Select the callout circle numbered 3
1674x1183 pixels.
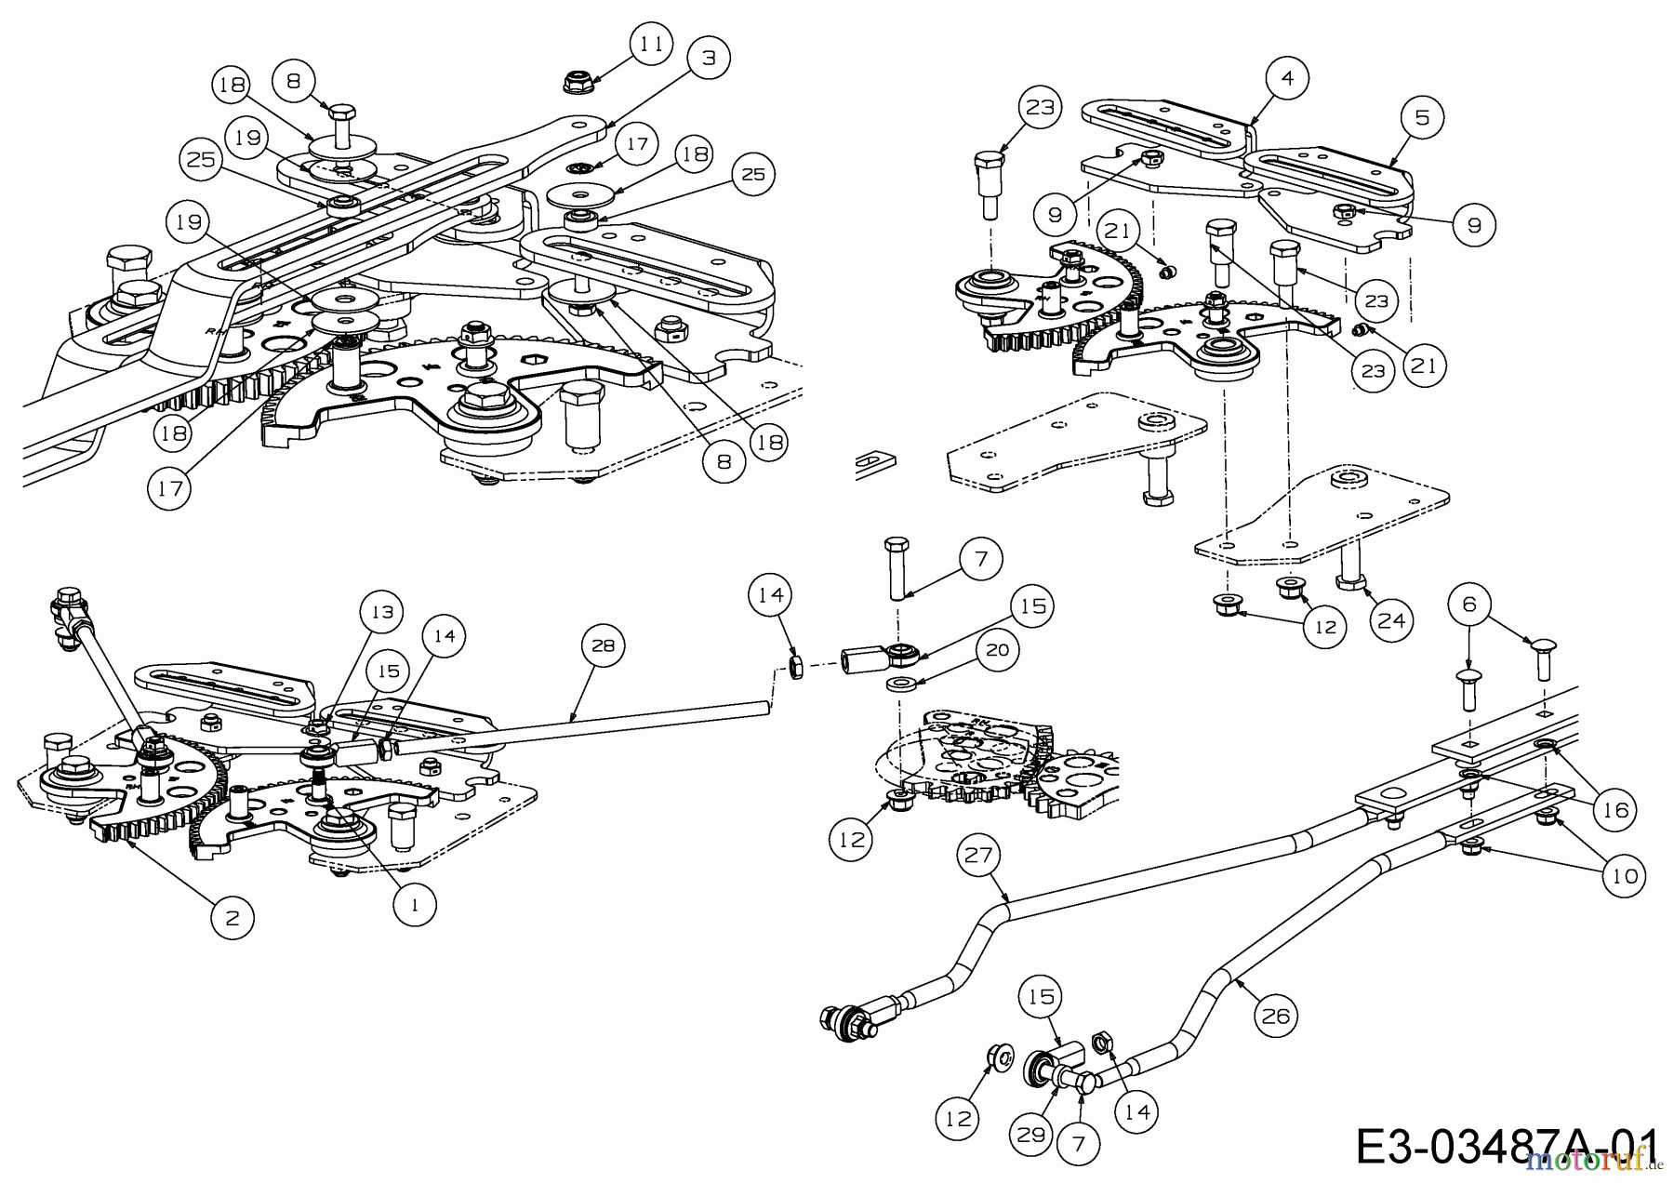click(x=710, y=58)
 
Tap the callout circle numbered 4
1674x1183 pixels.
click(x=1287, y=79)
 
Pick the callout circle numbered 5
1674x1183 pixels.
click(x=1422, y=117)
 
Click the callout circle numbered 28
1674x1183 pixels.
click(x=604, y=645)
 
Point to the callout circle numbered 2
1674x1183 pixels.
click(x=232, y=918)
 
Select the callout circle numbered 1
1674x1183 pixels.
click(x=415, y=902)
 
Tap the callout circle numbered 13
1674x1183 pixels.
click(x=383, y=612)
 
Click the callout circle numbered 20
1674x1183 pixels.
click(x=997, y=649)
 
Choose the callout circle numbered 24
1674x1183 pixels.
click(x=1390, y=620)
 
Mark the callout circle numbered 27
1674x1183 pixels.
click(x=978, y=856)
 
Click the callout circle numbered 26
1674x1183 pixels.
click(x=1275, y=1017)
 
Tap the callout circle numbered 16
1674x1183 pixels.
click(x=1615, y=810)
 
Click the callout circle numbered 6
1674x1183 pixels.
click(x=1468, y=605)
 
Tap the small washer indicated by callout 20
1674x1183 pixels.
click(x=900, y=685)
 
